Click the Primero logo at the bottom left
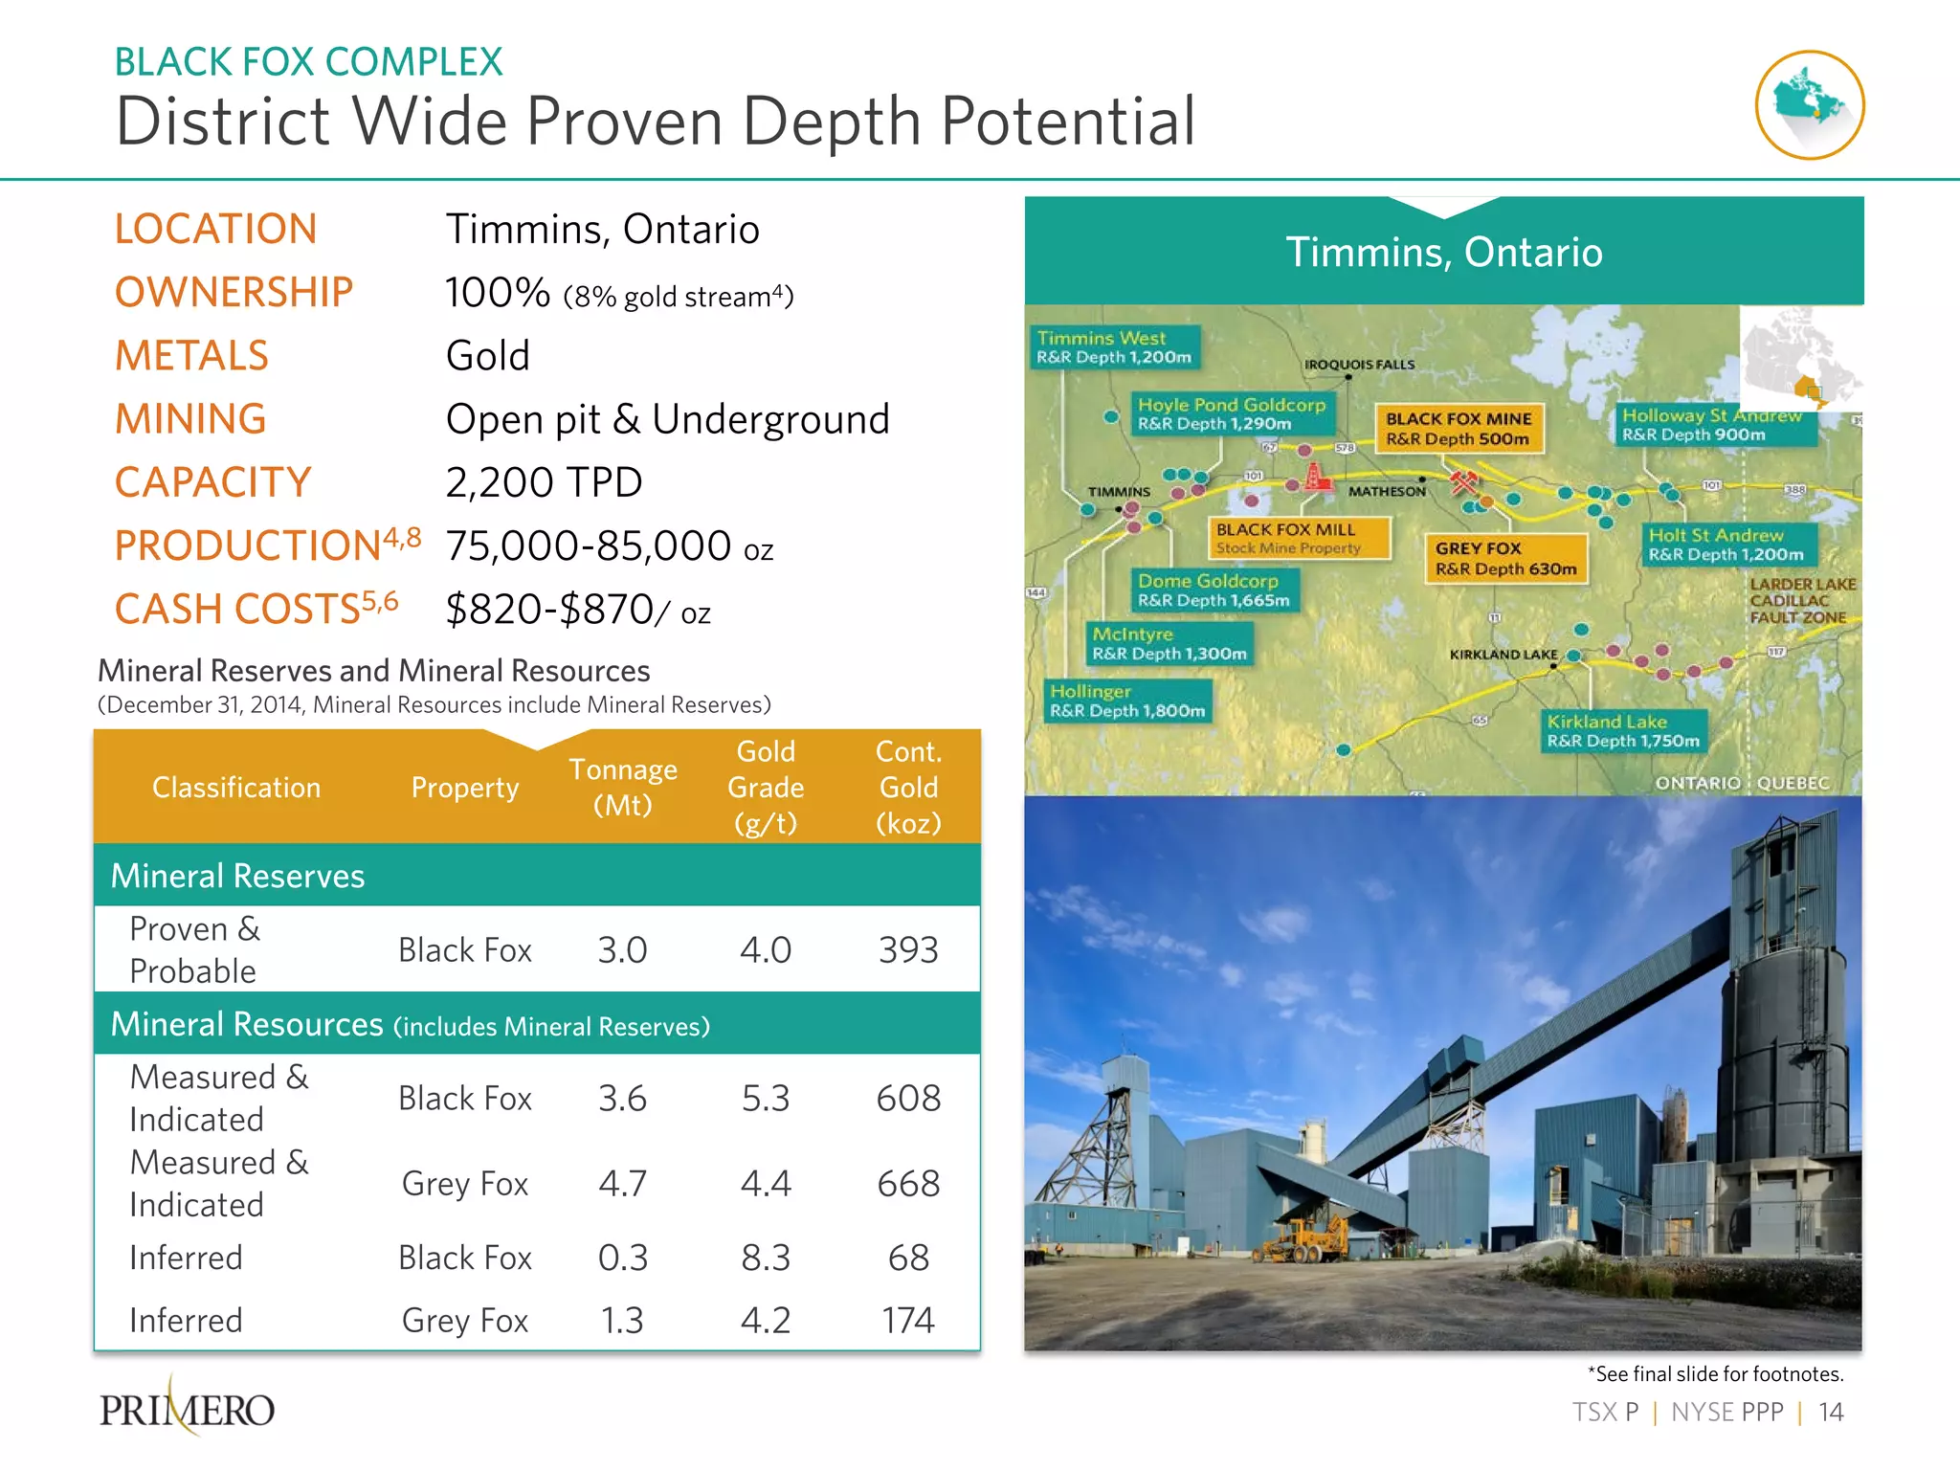coord(188,1409)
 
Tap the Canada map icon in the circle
coord(1809,104)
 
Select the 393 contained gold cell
coord(907,949)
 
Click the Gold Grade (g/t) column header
coord(765,787)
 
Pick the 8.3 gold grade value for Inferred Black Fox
coord(765,1258)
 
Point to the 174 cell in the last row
coord(907,1321)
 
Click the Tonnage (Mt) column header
coord(622,787)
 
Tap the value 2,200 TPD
coord(544,482)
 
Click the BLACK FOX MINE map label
coord(1459,429)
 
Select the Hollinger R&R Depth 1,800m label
coord(1127,702)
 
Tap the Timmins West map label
coord(1114,347)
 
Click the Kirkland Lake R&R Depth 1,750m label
coord(1623,731)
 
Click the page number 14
coord(1830,1412)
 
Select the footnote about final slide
coord(1715,1373)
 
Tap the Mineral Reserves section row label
coord(237,876)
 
